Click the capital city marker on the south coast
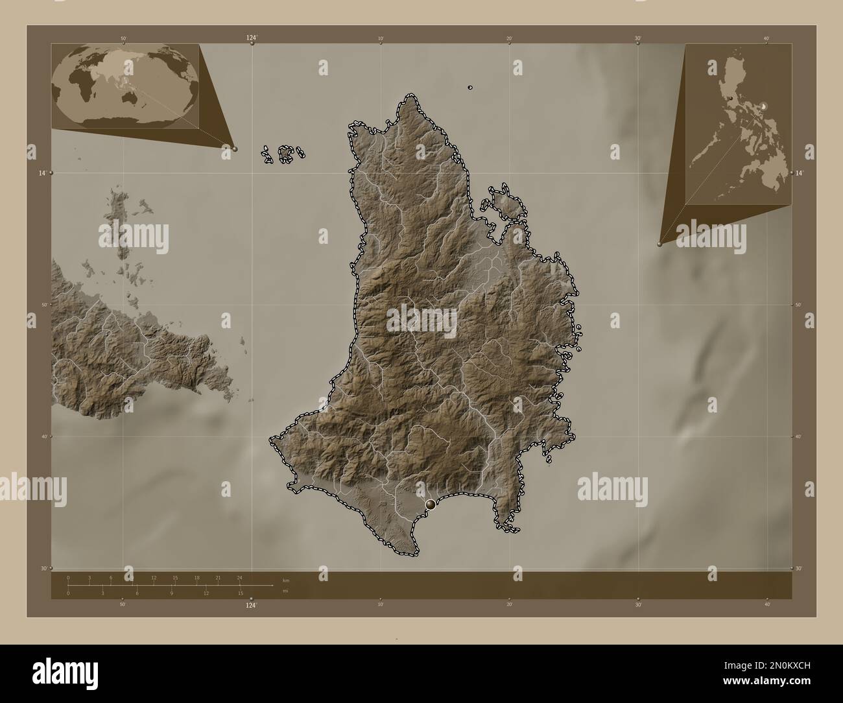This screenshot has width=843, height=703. [x=431, y=504]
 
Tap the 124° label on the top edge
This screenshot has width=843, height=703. [x=252, y=38]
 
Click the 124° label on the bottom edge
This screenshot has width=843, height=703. [x=251, y=606]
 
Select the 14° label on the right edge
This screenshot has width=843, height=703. [x=800, y=173]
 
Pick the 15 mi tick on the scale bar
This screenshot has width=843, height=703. [x=240, y=593]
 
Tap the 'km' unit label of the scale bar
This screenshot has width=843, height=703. [x=285, y=580]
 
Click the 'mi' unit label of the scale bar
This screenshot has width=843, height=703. [x=285, y=591]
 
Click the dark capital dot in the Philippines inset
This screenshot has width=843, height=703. [x=731, y=99]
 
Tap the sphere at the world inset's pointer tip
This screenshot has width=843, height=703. [x=235, y=149]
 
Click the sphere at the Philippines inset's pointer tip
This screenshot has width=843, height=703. [x=660, y=244]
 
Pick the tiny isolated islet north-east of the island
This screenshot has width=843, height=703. [x=469, y=88]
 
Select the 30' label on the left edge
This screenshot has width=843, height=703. [x=42, y=568]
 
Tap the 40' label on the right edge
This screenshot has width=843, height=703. [x=799, y=436]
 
